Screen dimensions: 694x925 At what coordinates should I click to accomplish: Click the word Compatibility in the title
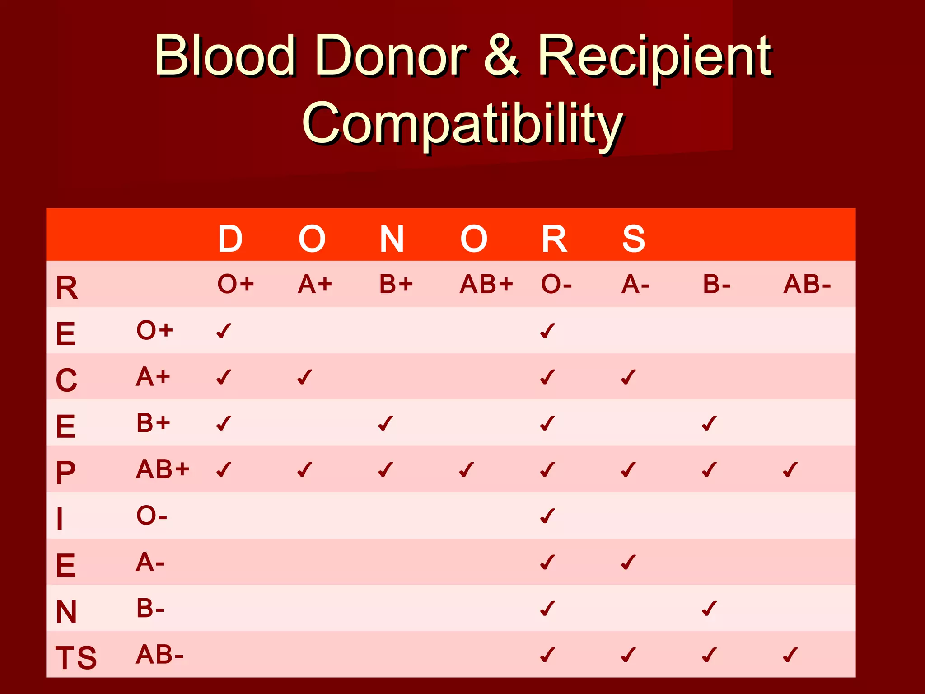click(462, 123)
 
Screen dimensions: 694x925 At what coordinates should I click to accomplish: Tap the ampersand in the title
click(501, 56)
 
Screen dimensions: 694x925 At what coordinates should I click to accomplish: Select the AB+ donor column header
click(486, 285)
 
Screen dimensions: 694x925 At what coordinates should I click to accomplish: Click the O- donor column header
click(556, 285)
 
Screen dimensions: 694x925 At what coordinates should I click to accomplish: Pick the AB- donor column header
click(807, 285)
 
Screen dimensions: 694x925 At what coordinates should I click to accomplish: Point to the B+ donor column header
click(396, 285)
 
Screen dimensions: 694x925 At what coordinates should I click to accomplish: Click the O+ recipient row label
click(154, 330)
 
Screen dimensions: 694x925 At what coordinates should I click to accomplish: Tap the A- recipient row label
click(150, 563)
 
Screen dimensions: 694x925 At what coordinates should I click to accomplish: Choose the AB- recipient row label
click(159, 655)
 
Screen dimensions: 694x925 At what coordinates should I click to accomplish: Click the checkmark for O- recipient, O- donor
click(547, 516)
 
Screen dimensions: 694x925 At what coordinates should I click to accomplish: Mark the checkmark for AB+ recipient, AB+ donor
click(467, 469)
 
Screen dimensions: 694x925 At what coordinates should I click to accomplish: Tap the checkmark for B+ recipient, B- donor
click(709, 423)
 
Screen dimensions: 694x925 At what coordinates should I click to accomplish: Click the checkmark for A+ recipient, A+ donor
click(305, 377)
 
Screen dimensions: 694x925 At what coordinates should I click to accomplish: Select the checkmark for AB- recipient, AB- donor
click(790, 655)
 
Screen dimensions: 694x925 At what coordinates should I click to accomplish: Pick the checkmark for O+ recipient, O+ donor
click(224, 331)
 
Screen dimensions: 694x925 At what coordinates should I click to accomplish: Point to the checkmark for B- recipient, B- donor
click(709, 609)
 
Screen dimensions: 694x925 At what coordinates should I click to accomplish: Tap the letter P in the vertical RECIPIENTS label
click(65, 473)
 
